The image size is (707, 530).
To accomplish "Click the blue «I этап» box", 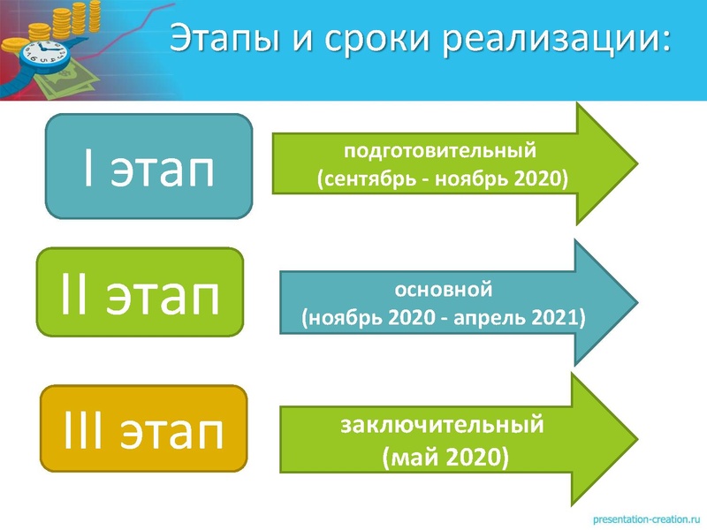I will [148, 167].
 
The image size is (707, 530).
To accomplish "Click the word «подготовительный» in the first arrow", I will [440, 150].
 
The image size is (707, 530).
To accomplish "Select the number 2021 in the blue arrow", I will [558, 315].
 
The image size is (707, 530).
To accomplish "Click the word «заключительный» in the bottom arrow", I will [441, 425].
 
